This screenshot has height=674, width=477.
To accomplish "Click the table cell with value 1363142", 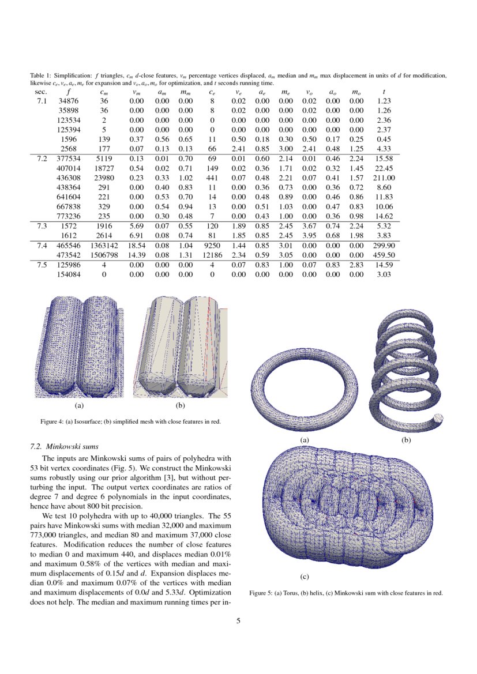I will point(104,245).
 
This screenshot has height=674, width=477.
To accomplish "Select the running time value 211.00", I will point(384,178).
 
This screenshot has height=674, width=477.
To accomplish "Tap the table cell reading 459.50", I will point(384,255).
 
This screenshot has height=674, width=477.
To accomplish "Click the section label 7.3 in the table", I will point(42,225).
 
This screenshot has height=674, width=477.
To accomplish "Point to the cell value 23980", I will point(104,178).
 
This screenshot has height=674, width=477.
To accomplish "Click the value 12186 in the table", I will point(212,255).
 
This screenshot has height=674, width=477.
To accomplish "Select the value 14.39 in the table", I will point(137,255).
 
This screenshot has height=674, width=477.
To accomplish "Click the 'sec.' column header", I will point(42,91).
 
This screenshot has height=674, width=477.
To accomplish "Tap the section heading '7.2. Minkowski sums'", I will point(63,446).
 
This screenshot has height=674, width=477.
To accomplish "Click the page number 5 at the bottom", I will point(238,621).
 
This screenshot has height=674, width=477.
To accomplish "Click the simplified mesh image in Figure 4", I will point(180,347).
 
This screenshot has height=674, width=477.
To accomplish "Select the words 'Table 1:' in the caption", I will point(40,76).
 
